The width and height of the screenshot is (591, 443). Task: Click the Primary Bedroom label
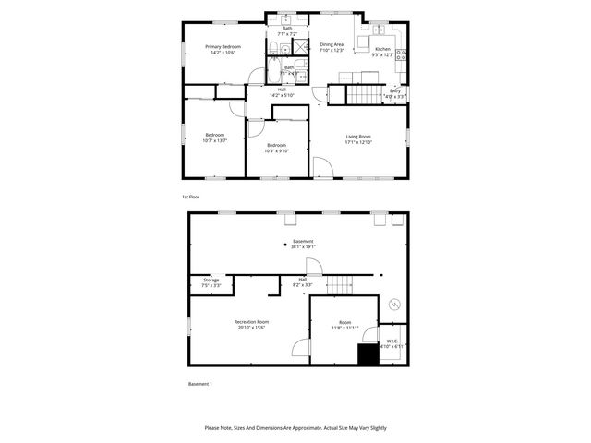pos(223,47)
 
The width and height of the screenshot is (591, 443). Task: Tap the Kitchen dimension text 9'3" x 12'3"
pos(382,55)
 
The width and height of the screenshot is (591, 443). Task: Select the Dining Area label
pos(332,44)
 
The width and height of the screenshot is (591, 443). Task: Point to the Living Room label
pos(358,137)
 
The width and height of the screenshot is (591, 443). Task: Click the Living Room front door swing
pos(323,168)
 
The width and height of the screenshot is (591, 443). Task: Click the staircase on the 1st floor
pos(366,96)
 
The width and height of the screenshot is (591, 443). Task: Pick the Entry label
pos(394,90)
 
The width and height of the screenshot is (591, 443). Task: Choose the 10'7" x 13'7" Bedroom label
pos(214,136)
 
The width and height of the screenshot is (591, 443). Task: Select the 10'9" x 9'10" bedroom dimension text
pos(277,150)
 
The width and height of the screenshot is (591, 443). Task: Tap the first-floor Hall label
pos(281,90)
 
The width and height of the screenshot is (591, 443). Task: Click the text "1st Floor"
pos(190,197)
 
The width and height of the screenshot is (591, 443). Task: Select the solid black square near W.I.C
pos(368,354)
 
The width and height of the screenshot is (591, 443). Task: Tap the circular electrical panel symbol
pos(394,302)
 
